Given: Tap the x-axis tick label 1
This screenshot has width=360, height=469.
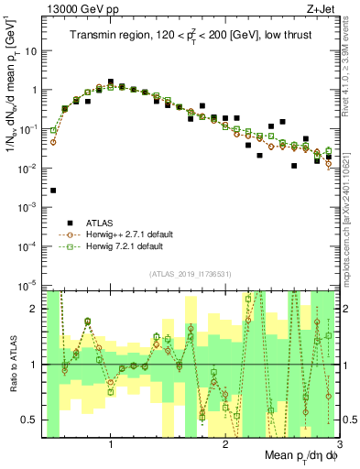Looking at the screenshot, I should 111,444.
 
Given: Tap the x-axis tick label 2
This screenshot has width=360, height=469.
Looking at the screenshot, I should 226,444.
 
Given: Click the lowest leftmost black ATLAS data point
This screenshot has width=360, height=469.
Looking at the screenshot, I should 53,191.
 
